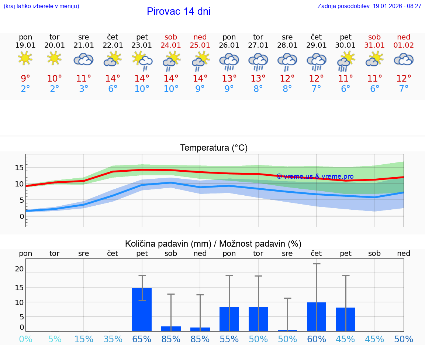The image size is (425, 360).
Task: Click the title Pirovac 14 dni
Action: pos(179,11)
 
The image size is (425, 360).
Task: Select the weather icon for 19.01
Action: pos(25,59)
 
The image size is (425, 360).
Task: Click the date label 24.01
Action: pos(171,45)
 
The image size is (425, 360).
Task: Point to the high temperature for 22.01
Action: pos(113,78)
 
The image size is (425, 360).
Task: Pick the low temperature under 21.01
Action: pos(84,89)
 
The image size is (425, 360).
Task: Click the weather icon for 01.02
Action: pos(404,59)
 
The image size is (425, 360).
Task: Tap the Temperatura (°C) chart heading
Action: pos(214,148)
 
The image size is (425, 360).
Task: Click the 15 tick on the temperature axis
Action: pos(19,168)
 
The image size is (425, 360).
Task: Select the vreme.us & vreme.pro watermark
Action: pos(315,176)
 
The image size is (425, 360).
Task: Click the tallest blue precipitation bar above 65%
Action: pos(142,309)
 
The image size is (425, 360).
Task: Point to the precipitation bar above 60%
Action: pos(317,316)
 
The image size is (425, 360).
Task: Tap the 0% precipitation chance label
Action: pos(25,339)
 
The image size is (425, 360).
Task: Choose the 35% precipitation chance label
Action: pos(113,339)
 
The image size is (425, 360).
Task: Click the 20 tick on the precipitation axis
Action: pos(19,269)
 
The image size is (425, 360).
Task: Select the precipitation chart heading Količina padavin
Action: pos(213,244)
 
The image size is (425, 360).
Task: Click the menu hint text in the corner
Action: pos(41,6)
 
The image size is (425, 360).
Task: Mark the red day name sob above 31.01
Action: pos(374,37)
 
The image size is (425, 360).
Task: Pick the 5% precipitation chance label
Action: pos(55,339)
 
